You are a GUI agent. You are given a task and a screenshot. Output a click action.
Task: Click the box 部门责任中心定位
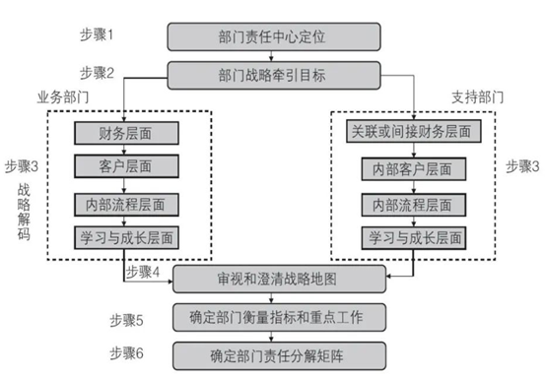(274, 36)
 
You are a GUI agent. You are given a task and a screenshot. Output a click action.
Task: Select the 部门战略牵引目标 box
(274, 76)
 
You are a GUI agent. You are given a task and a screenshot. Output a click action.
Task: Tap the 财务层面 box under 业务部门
(126, 133)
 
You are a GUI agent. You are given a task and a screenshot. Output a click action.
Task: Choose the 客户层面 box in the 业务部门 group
(126, 166)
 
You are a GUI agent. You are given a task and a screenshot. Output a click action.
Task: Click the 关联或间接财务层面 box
(414, 131)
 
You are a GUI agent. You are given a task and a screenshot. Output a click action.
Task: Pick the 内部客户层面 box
(414, 169)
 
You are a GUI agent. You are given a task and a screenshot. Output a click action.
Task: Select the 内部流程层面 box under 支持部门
(414, 205)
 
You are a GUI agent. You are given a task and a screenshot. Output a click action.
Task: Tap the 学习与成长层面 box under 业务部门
(126, 238)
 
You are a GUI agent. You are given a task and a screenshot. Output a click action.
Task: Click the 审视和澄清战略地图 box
(280, 279)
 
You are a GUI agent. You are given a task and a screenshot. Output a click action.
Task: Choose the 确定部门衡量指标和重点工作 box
(280, 317)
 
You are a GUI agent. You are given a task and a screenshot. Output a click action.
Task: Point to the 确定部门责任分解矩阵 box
(280, 355)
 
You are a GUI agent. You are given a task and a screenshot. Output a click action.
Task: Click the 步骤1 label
(97, 34)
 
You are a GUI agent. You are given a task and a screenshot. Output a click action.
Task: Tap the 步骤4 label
(143, 272)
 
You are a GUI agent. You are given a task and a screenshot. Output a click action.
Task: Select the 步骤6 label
(126, 353)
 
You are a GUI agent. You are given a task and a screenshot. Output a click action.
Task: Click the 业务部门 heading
(63, 97)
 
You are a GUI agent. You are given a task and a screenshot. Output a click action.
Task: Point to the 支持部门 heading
(478, 97)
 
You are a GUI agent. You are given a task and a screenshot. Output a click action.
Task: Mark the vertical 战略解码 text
(24, 212)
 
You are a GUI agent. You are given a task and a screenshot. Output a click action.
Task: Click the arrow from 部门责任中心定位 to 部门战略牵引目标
(271, 56)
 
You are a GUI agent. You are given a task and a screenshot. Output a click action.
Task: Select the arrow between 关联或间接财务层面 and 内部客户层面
(414, 151)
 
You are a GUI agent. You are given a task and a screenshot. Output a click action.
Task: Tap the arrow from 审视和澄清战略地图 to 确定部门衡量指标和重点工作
(271, 298)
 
